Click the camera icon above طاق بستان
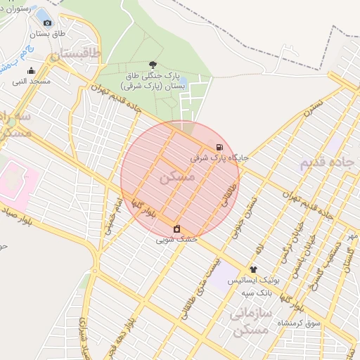(x=47, y=22)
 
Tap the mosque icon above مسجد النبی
(x=30, y=70)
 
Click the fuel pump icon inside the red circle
(x=220, y=148)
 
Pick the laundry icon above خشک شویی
(x=176, y=229)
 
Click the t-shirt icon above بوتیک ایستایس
(x=253, y=269)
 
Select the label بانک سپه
(x=257, y=292)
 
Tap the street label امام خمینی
(x=112, y=215)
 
